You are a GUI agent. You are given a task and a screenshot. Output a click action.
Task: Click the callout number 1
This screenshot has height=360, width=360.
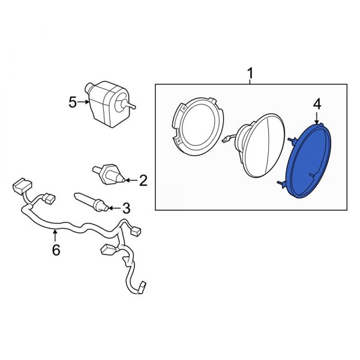[x=250, y=73]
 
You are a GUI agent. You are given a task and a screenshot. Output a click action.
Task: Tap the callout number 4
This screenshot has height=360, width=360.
[x=317, y=104]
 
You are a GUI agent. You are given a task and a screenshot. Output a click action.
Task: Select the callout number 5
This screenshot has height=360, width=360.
[x=73, y=103]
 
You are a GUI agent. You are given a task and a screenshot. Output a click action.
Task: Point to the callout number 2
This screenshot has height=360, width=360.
[x=143, y=180]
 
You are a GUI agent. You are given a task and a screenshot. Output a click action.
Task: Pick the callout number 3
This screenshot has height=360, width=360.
[x=126, y=208]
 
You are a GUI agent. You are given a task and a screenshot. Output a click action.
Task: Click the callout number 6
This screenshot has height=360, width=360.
[x=56, y=250]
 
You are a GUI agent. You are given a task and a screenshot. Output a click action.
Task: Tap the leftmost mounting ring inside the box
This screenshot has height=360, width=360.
[x=197, y=126]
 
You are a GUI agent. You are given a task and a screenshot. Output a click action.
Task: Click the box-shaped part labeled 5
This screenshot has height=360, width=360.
[x=107, y=104]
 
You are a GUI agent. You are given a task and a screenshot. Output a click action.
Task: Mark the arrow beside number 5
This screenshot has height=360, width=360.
[x=83, y=102]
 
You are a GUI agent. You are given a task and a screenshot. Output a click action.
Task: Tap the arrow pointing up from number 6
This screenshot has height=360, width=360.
[x=55, y=236]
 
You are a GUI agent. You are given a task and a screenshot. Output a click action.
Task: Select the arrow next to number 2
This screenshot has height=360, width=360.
[x=131, y=180]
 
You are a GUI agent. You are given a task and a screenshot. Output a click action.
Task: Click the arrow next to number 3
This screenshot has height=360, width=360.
[x=114, y=208]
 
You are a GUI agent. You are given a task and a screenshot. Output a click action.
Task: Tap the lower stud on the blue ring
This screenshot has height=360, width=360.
[x=282, y=183]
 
